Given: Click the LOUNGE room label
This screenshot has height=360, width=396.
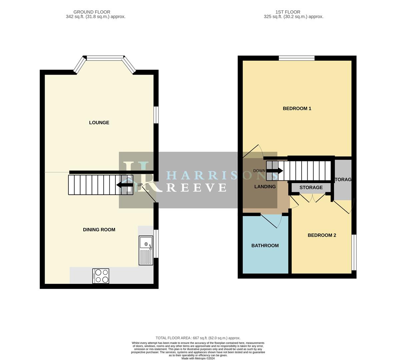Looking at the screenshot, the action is coord(99,123).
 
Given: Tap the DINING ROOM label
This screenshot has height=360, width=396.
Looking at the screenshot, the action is coord(99,230).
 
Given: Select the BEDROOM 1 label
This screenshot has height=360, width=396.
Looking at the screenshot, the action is coord(297,108).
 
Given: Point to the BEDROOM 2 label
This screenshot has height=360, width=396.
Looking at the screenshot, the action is coord(322,235).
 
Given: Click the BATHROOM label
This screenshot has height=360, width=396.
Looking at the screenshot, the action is coord(265,246).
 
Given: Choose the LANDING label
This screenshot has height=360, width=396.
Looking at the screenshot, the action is coord(265,187).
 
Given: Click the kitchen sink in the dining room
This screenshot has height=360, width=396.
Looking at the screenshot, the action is coord(146,250).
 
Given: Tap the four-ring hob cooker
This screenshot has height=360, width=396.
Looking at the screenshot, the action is coord(101,276).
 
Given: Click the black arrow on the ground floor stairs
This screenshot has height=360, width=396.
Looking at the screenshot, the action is coord(125,185).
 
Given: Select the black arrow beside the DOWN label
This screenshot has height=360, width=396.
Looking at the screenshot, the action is coord(275,171).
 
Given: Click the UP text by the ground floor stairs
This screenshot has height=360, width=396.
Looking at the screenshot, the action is coord(140,185).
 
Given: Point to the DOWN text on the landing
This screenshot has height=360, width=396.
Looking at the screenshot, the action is coord(259,171).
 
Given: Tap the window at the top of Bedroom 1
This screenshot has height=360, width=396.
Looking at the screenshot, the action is coord(297,58).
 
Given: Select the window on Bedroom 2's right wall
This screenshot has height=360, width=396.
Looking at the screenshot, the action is coord(354,252).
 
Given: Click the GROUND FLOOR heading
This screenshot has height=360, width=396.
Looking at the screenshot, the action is coord(92,12).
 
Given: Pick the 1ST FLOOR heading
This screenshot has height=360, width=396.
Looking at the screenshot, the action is coord(288,12).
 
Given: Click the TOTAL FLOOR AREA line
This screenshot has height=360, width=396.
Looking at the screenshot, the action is coord(198,338).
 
